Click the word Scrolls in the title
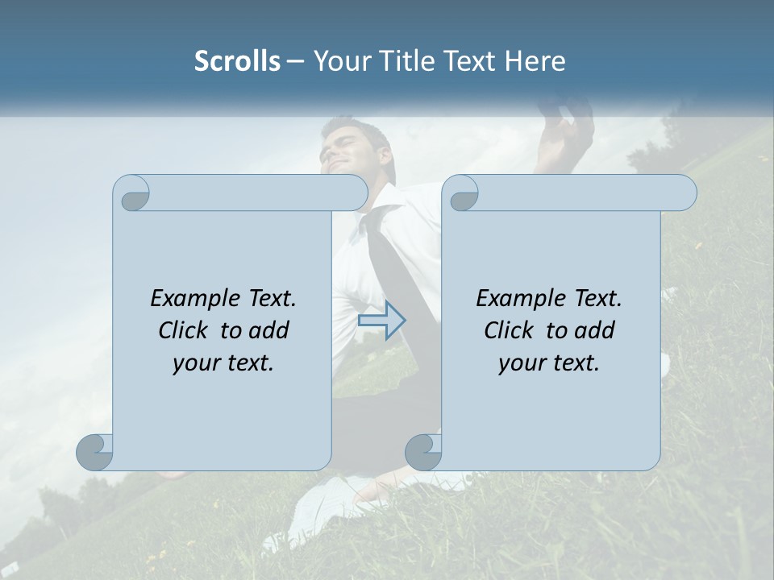[x=237, y=61]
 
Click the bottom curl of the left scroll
[x=94, y=452]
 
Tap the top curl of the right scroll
[x=462, y=194]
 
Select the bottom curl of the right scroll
[x=423, y=452]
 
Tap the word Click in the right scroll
[x=508, y=330]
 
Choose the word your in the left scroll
[x=195, y=363]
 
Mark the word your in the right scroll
[x=521, y=363]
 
